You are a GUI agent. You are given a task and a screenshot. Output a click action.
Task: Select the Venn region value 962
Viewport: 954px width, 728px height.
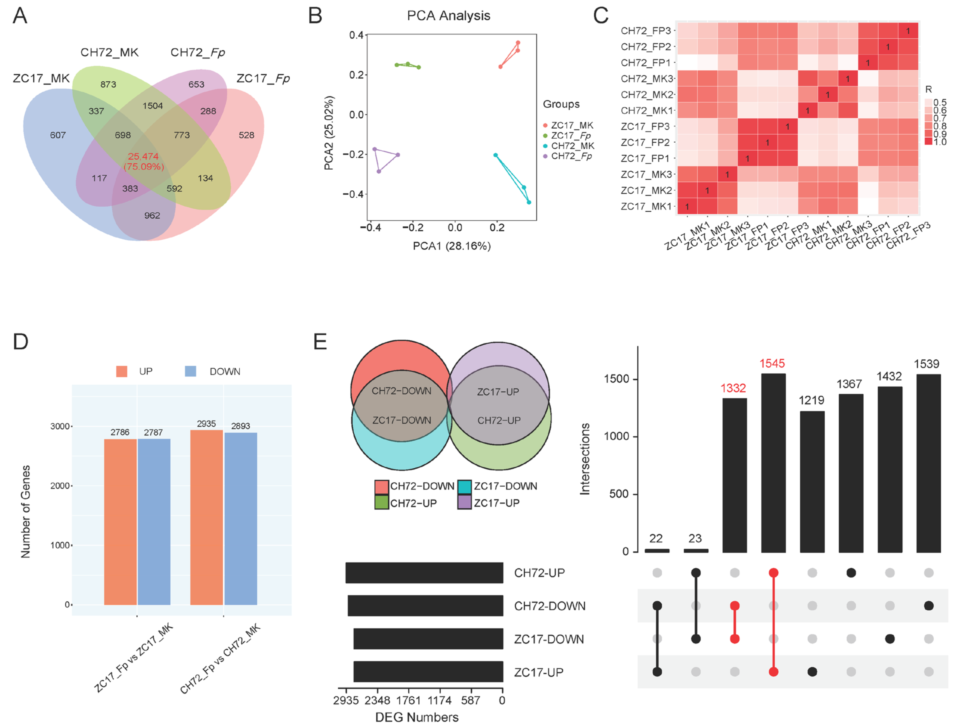(x=152, y=215)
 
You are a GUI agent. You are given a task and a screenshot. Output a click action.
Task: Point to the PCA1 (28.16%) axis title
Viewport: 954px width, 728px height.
(x=451, y=246)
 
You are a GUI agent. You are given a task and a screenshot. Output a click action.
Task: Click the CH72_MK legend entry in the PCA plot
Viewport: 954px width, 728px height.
(x=572, y=146)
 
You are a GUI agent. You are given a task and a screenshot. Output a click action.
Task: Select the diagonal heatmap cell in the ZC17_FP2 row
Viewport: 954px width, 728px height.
(x=767, y=143)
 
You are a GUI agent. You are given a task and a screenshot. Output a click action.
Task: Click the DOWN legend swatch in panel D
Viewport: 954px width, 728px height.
(x=190, y=371)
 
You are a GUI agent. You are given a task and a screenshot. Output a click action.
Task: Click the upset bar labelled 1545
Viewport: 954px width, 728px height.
(x=773, y=463)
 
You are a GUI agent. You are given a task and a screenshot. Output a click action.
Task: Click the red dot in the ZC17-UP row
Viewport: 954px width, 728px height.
(x=773, y=672)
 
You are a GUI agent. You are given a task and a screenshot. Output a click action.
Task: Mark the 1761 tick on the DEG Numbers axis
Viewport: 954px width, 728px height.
(x=409, y=700)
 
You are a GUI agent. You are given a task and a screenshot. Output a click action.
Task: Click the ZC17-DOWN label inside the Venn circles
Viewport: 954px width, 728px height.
(x=402, y=420)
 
